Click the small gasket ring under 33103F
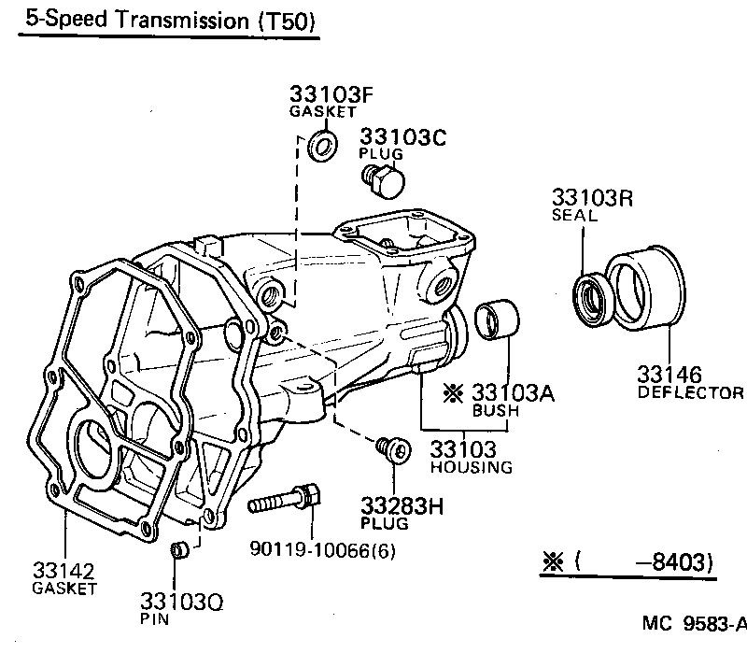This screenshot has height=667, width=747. (323, 146)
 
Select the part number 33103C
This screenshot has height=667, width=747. (404, 136)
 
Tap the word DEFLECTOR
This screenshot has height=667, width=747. (690, 393)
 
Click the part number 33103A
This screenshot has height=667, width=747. (513, 392)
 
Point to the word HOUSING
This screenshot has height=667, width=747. (472, 466)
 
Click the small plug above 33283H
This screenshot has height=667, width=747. (393, 451)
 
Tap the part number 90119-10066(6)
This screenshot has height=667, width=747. (323, 550)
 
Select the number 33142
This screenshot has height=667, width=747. (63, 569)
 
